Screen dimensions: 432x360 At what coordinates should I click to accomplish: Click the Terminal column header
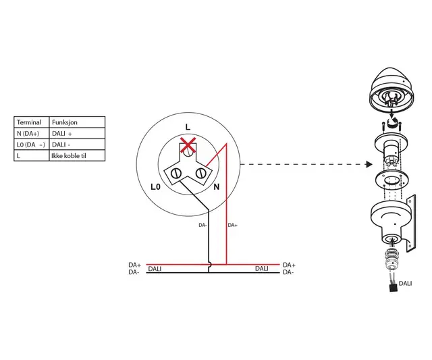coord(29,122)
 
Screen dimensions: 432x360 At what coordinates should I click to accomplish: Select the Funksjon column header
coord(65,122)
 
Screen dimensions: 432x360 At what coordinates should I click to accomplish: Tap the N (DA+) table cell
coord(28,134)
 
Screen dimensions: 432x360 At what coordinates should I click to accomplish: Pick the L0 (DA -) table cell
coord(30,145)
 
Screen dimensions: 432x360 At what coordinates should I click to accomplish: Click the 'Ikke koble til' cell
coord(69,156)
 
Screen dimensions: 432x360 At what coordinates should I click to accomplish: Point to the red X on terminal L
coord(188,145)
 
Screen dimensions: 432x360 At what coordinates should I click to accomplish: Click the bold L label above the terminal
coord(188,127)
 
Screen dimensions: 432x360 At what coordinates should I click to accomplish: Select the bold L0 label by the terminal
coord(155,187)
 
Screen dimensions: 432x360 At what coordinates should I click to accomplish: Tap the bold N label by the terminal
coord(217,187)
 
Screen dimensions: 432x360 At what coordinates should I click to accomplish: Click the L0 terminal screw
coord(175,174)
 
